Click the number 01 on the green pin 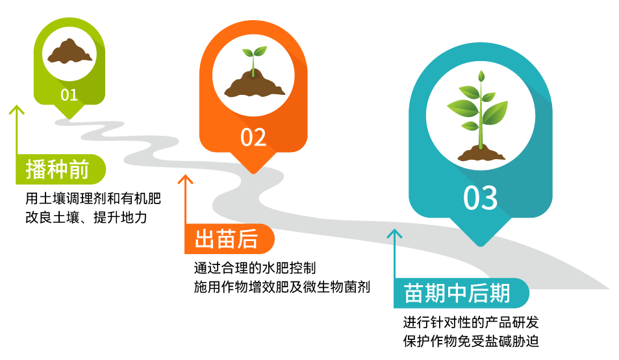(x=69, y=95)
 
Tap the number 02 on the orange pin (x=253, y=138)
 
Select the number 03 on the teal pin (x=481, y=198)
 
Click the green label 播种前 (x=58, y=170)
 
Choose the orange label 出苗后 (x=227, y=239)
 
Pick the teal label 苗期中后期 (x=457, y=293)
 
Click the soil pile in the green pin (x=69, y=52)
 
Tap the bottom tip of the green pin (x=69, y=118)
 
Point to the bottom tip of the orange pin (x=253, y=172)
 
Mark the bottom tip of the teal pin (x=481, y=245)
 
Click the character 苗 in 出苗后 (x=227, y=239)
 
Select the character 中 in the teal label (x=457, y=293)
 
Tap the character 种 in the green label (x=58, y=170)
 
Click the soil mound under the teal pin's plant (x=481, y=155)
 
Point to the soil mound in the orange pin (x=254, y=85)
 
